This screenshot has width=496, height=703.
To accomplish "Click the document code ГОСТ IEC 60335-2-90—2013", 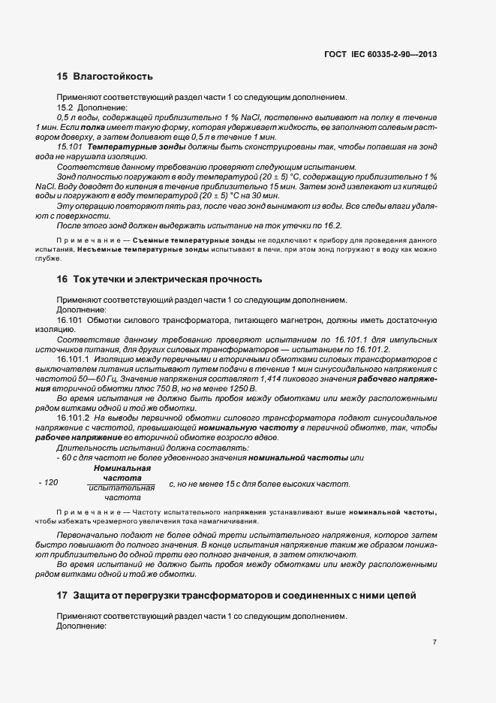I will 380,54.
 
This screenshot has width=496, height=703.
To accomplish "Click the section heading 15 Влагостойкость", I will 104,76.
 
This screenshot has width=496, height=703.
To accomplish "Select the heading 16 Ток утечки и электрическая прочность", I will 159,279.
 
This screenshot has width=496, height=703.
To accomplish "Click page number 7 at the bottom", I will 434,642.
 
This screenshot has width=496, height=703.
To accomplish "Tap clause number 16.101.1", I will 76,360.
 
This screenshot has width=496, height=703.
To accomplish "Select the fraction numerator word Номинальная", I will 122,468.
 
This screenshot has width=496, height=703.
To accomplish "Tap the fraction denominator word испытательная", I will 122,487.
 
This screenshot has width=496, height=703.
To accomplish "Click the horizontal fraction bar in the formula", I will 122,483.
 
